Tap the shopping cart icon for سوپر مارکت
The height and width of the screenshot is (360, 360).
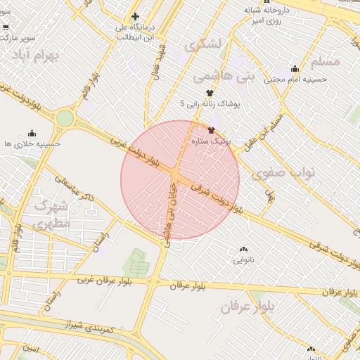point(6,27)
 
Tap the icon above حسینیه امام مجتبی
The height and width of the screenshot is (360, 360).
point(295,69)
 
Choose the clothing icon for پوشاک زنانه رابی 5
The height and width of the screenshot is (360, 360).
point(209,93)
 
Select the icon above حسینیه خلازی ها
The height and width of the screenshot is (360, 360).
point(32,133)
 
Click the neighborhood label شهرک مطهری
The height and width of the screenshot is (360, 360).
point(51,216)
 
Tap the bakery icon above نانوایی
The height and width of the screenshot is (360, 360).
point(243,249)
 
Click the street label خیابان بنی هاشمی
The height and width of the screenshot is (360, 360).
point(169,214)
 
